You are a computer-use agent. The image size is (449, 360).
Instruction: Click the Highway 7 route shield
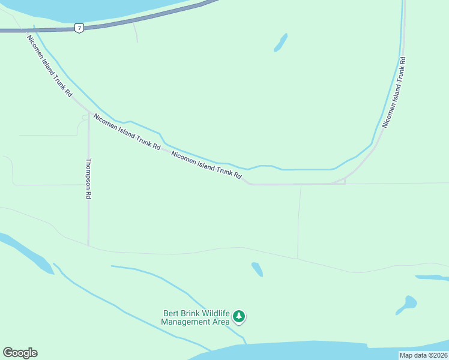[x=79, y=28]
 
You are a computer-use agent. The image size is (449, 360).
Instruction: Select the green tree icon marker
[x=239, y=316]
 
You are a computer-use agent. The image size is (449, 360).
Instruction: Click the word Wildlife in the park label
[x=216, y=313]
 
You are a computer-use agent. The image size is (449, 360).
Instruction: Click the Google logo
[x=20, y=353]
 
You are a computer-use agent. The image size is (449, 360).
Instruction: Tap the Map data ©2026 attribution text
[x=423, y=355]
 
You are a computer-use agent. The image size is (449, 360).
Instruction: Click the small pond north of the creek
[x=280, y=42]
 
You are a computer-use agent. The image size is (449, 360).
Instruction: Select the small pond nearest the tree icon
[x=257, y=269]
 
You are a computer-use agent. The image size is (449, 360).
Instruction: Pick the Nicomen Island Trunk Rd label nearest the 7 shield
[x=49, y=66]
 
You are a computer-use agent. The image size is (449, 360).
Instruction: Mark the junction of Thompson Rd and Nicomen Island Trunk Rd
[x=89, y=113]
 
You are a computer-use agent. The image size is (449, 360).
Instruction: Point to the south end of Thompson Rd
[x=88, y=244]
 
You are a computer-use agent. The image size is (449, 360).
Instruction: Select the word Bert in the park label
[x=170, y=313]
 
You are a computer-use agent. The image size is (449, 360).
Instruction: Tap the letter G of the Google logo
[x=7, y=353]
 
